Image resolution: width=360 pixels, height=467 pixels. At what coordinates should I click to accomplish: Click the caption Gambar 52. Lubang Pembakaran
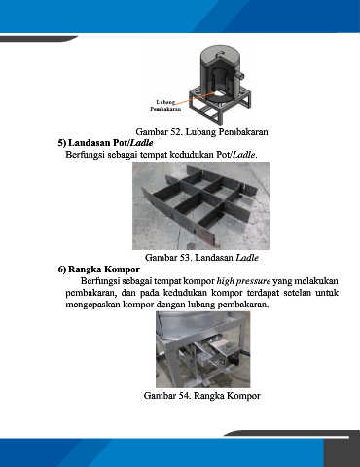point(201,132)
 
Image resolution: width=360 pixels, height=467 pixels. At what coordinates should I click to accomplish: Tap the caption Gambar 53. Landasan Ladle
point(201,258)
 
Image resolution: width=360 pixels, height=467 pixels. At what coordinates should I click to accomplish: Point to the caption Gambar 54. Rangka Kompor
point(201,396)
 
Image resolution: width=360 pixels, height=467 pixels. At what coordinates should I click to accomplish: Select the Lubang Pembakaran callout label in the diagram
point(165,106)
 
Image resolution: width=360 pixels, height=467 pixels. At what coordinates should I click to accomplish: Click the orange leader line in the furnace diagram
point(196,97)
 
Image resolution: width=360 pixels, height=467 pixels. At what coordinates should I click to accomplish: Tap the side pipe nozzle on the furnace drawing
point(241,75)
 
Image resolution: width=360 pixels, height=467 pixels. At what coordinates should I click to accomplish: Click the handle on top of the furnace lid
point(220,53)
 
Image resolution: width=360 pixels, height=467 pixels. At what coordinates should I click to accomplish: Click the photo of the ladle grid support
point(200,206)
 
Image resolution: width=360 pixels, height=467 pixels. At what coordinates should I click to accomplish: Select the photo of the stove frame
point(203,349)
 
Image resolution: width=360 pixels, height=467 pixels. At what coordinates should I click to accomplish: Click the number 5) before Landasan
point(62,143)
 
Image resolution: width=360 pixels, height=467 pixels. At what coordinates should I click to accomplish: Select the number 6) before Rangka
point(62,269)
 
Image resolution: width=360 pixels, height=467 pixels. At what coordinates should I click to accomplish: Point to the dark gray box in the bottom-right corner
point(342,452)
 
